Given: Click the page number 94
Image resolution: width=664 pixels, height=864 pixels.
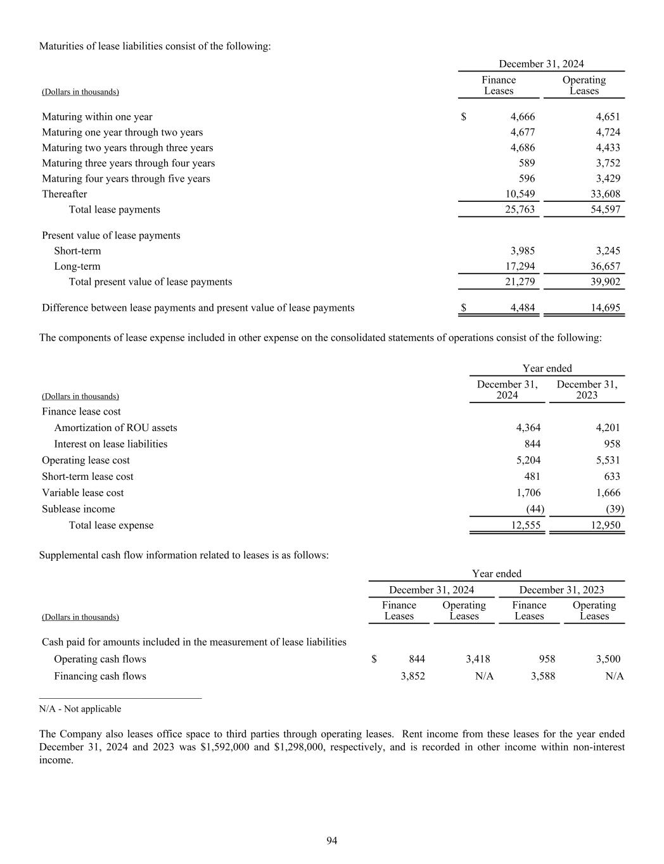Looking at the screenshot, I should pyautogui.click(x=331, y=841).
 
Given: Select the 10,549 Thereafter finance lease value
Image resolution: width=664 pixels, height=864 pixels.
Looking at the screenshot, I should pyautogui.click(x=520, y=194).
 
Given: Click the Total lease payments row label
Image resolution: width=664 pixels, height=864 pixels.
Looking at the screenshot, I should pyautogui.click(x=114, y=210).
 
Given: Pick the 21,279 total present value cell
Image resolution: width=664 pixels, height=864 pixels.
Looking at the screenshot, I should pyautogui.click(x=520, y=282).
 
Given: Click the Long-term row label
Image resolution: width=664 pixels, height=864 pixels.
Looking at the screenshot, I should pyautogui.click(x=77, y=266).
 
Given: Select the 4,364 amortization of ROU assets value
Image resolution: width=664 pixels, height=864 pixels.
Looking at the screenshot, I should pyautogui.click(x=528, y=428).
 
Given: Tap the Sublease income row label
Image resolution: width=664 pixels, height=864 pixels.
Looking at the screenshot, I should pyautogui.click(x=78, y=509).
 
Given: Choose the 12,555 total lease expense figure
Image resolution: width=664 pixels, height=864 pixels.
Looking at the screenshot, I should pyautogui.click(x=525, y=525).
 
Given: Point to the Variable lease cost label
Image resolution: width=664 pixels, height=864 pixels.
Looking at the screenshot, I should pyautogui.click(x=82, y=492).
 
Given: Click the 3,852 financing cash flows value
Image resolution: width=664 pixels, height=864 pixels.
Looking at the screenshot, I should pyautogui.click(x=412, y=676).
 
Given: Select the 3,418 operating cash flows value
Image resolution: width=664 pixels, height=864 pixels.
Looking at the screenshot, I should pyautogui.click(x=478, y=659).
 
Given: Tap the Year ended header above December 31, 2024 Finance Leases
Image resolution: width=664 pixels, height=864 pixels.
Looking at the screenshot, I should pyautogui.click(x=496, y=573).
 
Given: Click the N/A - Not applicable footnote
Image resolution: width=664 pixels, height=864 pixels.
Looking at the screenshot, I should pyautogui.click(x=80, y=709).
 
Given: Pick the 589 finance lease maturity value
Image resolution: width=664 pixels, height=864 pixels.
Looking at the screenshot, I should pyautogui.click(x=527, y=163).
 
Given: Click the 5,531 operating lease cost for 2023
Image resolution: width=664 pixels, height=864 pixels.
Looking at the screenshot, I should pyautogui.click(x=608, y=460).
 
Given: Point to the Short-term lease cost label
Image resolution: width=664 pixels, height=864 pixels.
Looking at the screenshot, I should pyautogui.click(x=87, y=477).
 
